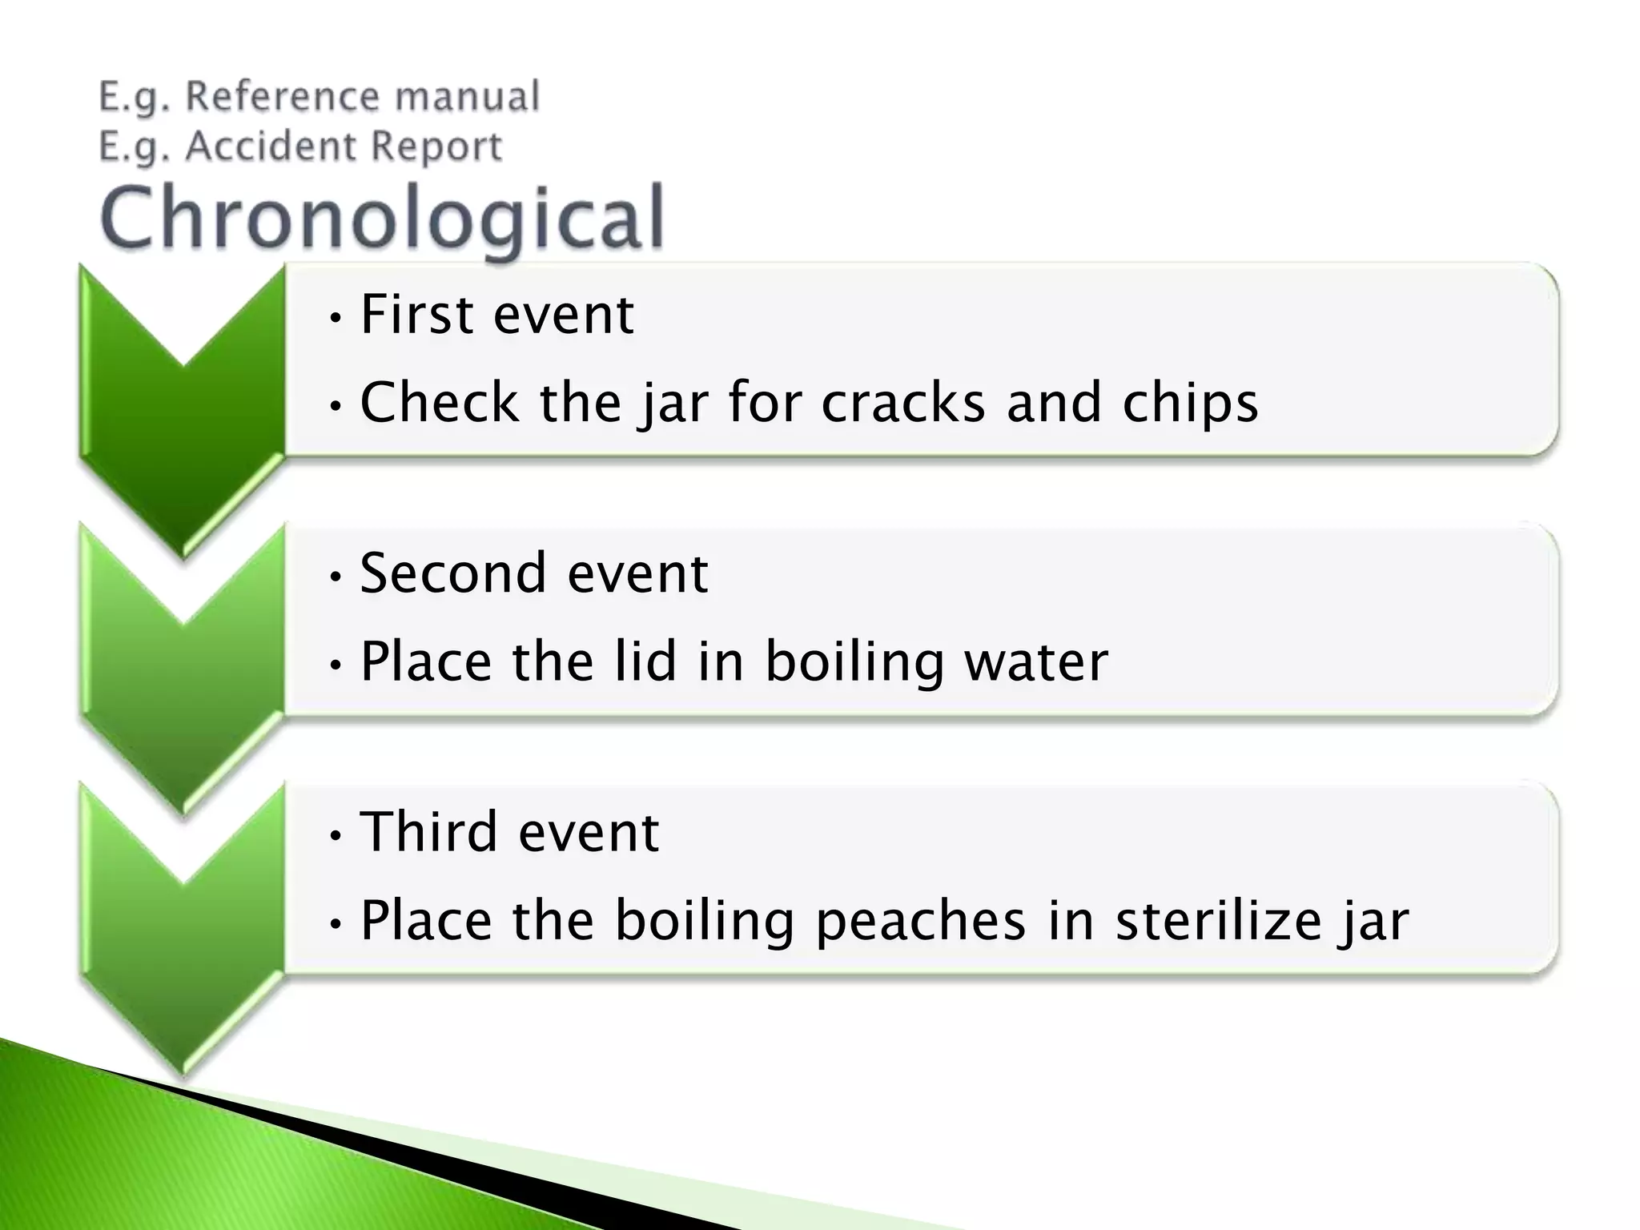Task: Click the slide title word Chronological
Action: (383, 218)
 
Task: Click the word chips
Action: (1190, 404)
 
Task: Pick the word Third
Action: (428, 832)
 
